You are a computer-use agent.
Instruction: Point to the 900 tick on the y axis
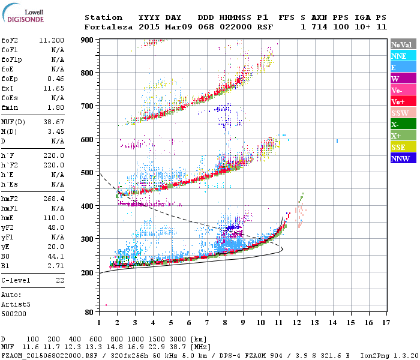pos(88,40)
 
